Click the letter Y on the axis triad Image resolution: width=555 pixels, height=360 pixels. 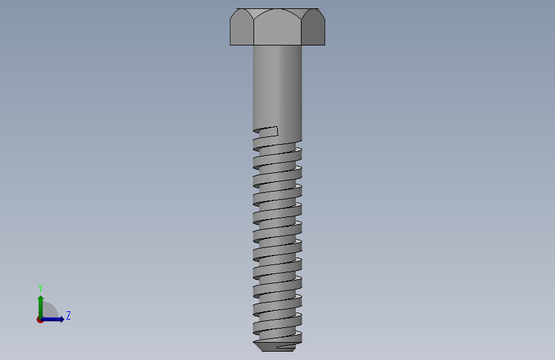click(40, 288)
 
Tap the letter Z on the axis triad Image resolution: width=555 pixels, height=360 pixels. click(68, 315)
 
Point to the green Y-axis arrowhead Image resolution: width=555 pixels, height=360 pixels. click(41, 299)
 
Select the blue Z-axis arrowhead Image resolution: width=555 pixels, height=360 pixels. click(62, 319)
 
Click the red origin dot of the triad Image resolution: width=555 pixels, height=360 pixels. click(40, 320)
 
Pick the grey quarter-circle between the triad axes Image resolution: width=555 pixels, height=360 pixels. click(49, 311)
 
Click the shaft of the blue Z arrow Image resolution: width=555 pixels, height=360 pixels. click(51, 320)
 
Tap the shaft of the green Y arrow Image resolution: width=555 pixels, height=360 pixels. click(41, 309)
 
